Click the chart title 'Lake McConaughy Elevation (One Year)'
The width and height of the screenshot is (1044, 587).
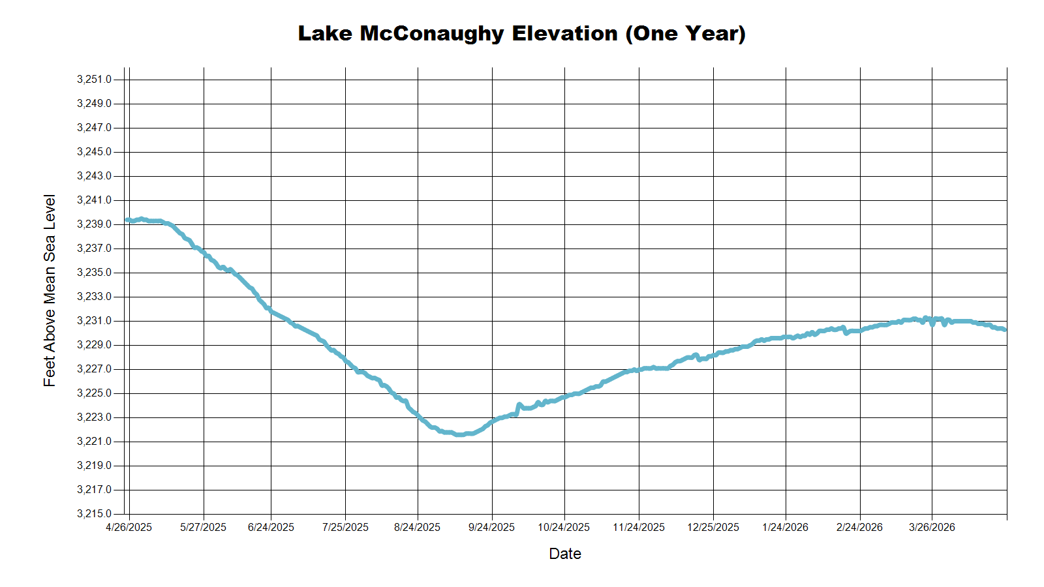(x=521, y=33)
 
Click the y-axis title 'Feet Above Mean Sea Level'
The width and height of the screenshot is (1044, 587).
(x=50, y=291)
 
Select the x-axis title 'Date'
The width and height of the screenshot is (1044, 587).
(x=565, y=554)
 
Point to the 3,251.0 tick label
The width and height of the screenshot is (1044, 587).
(x=94, y=80)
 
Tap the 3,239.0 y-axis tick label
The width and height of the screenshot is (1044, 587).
(x=94, y=224)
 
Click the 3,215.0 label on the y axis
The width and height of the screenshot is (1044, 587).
(x=94, y=514)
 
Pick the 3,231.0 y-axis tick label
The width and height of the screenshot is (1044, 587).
(x=94, y=321)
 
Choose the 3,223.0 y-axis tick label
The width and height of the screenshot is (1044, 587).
(x=94, y=417)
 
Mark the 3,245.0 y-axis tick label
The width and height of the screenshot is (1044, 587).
(x=94, y=152)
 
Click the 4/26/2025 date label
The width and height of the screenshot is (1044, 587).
(x=129, y=528)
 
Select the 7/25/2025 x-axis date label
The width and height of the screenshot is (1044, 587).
(x=345, y=528)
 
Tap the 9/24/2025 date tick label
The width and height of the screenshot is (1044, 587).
(x=491, y=528)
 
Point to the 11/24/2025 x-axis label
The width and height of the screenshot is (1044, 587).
(x=639, y=528)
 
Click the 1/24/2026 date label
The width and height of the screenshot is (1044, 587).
(x=785, y=528)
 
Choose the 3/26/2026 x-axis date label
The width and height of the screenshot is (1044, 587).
(x=932, y=528)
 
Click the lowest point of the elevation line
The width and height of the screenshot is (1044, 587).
(x=459, y=434)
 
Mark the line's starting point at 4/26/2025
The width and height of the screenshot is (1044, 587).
(x=127, y=220)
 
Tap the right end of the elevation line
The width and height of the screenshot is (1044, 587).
(x=1005, y=329)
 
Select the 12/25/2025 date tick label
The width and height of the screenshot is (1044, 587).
(x=713, y=528)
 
